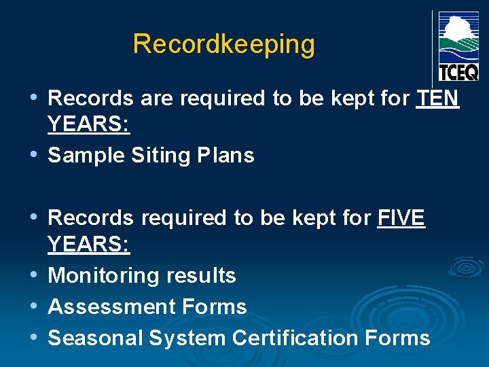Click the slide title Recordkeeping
[224, 44]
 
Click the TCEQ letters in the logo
[458, 71]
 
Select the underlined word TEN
[438, 99]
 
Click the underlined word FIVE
[401, 218]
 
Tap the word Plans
[227, 156]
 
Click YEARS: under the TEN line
[89, 126]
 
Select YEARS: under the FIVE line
[89, 245]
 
